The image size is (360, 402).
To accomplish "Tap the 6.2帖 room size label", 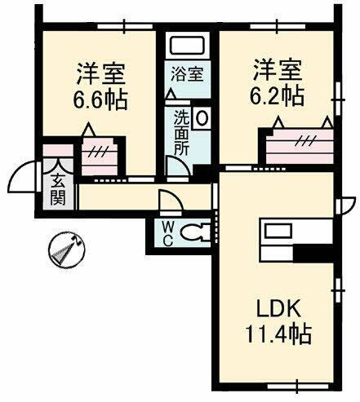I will pos(277,96).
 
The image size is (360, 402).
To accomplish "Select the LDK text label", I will pos(280,310).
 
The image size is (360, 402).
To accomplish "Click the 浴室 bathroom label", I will pos(187,74).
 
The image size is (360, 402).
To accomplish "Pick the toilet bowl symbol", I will pos(193,232).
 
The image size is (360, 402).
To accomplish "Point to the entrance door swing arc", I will pos(23,173).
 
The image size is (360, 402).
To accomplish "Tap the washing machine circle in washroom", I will pos(202,116).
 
